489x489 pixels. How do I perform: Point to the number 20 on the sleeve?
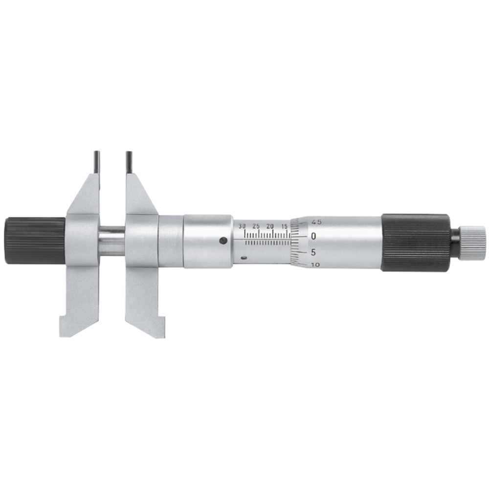pyautogui.click(x=270, y=226)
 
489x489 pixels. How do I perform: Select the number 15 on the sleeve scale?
pyautogui.click(x=285, y=226)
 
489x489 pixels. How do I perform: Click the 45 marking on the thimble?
pyautogui.click(x=317, y=222)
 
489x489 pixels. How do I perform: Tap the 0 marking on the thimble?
pyautogui.click(x=314, y=236)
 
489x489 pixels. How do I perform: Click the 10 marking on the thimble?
pyautogui.click(x=315, y=265)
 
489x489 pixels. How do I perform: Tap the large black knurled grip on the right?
pyautogui.click(x=415, y=242)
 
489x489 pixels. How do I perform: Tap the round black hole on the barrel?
pyautogui.click(x=223, y=240)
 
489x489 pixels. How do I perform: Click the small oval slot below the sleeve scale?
pyautogui.click(x=244, y=256)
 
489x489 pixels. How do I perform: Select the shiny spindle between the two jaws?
pyautogui.click(x=112, y=241)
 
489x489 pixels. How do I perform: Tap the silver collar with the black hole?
pyautogui.click(x=208, y=241)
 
